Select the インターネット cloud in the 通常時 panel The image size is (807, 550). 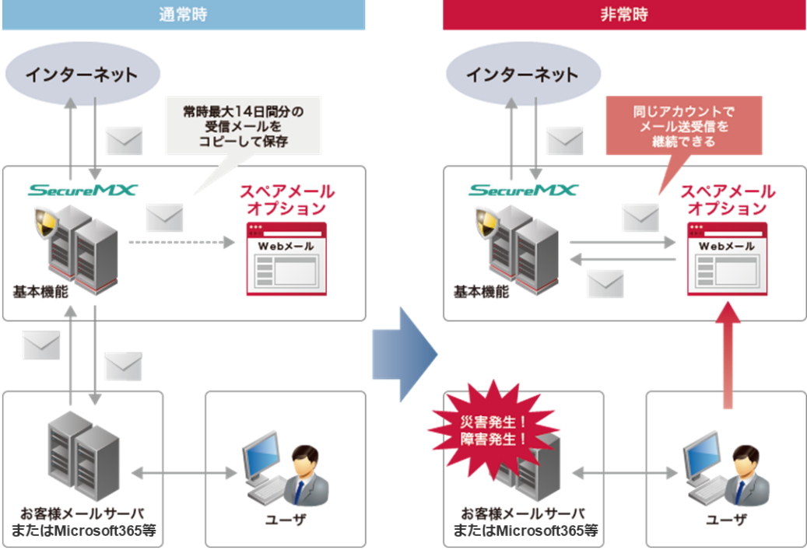81,75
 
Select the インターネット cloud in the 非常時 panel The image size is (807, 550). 521,75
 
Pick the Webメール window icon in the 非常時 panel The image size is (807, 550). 727,258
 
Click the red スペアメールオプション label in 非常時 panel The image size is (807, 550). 727,201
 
